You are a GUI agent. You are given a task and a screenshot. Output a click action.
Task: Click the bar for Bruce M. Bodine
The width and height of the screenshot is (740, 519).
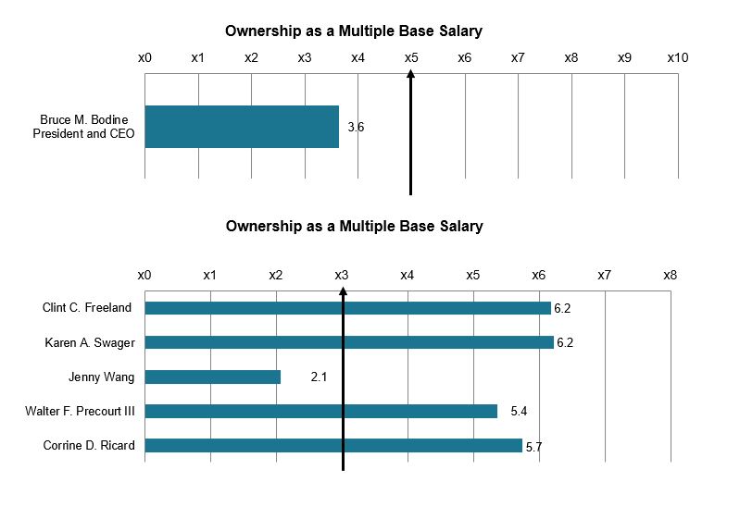(x=242, y=127)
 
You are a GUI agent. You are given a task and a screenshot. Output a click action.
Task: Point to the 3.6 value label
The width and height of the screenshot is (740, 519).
(x=356, y=128)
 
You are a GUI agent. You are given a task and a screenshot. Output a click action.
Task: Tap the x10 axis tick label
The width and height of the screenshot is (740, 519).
(x=678, y=57)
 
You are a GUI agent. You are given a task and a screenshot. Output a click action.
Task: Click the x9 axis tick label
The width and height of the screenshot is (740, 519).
(x=624, y=57)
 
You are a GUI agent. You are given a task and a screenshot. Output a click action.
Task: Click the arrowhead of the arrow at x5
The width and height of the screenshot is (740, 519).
(x=411, y=79)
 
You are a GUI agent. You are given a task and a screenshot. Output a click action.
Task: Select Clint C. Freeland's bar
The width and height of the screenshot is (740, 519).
(x=347, y=308)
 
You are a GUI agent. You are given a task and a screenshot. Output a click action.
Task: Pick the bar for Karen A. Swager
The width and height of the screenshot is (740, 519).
(x=349, y=342)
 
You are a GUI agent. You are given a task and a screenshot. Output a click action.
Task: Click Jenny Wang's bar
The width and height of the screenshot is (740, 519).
(x=212, y=377)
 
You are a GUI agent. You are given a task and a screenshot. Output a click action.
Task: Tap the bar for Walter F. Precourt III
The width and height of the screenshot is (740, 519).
(x=320, y=411)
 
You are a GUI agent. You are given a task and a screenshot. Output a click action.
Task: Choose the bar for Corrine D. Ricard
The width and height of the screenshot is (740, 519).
(x=333, y=445)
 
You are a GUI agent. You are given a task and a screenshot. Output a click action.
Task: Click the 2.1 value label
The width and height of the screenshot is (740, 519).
(x=320, y=377)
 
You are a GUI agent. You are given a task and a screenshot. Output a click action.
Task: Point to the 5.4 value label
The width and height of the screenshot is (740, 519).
(x=519, y=411)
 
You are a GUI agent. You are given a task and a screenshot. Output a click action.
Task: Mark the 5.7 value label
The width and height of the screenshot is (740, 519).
(x=533, y=446)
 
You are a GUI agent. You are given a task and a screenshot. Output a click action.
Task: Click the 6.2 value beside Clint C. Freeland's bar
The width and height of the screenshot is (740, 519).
(x=563, y=308)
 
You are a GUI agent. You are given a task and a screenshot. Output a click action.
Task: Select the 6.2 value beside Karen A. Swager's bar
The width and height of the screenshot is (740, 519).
(x=565, y=343)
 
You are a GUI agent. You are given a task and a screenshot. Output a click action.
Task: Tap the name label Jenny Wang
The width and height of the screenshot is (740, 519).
(x=101, y=377)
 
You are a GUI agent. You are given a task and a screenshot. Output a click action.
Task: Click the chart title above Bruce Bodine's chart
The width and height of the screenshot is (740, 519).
(x=354, y=31)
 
